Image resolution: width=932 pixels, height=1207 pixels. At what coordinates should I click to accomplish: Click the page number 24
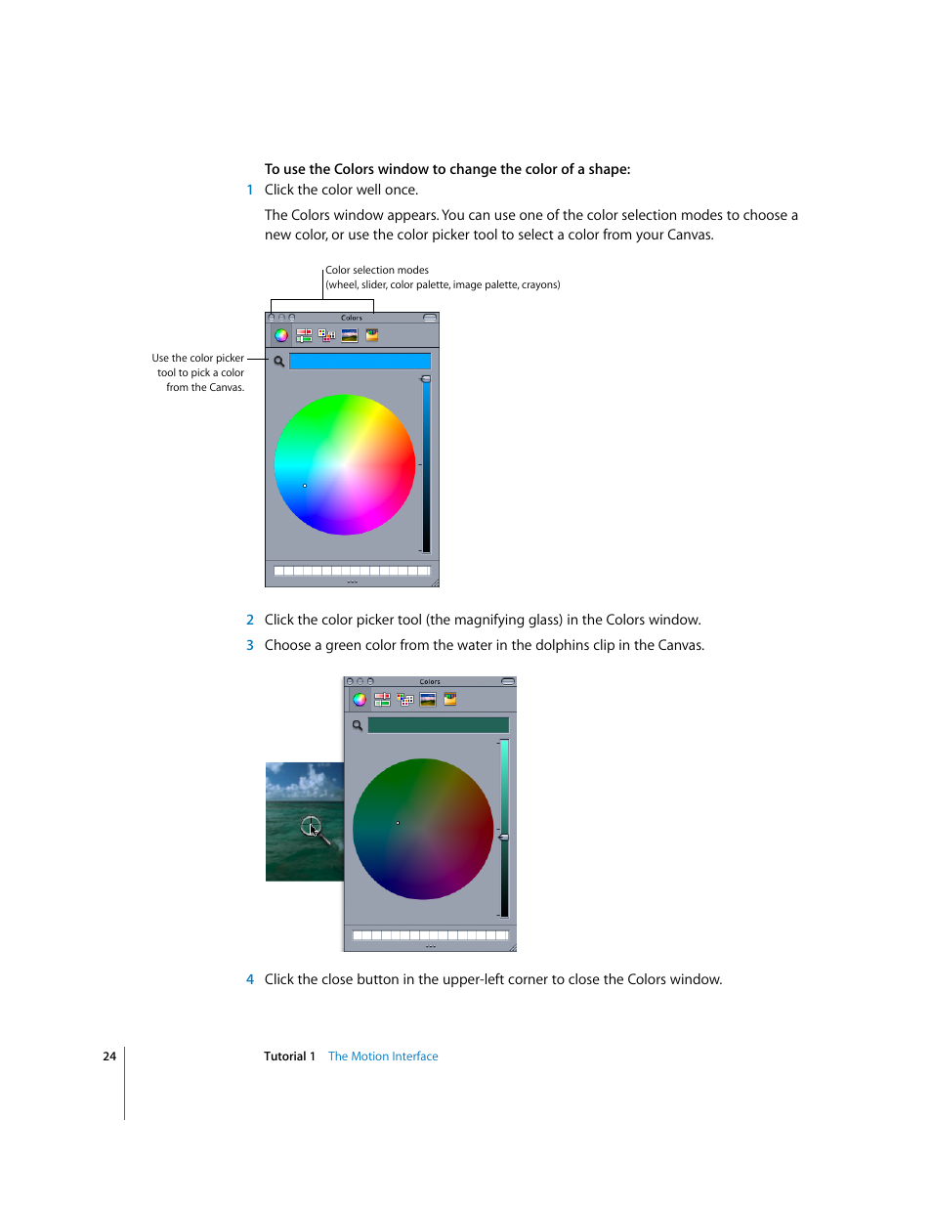click(x=109, y=1056)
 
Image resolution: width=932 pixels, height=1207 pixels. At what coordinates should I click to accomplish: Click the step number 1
click(x=250, y=191)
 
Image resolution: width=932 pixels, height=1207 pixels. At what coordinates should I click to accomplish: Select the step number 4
click(x=250, y=979)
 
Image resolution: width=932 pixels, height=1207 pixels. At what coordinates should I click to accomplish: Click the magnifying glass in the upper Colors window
click(x=279, y=362)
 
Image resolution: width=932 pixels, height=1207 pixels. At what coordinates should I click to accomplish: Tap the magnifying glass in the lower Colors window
click(x=358, y=725)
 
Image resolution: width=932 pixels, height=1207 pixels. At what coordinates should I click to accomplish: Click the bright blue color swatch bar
click(x=360, y=362)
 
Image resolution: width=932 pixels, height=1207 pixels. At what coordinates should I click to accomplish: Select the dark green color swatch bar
click(x=438, y=725)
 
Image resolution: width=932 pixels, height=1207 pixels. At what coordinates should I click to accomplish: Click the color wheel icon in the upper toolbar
click(x=280, y=335)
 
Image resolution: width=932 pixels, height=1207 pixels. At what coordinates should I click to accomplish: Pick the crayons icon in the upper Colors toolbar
click(x=372, y=335)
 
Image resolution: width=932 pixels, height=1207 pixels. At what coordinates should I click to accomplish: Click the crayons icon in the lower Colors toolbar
click(x=450, y=700)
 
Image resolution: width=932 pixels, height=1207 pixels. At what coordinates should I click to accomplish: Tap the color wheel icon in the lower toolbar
click(x=360, y=700)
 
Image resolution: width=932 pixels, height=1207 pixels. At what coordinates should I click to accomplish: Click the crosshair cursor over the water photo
click(x=311, y=826)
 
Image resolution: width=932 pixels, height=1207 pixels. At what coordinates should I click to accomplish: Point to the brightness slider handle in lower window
click(x=504, y=838)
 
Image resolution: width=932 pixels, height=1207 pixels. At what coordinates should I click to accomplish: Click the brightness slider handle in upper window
click(x=426, y=379)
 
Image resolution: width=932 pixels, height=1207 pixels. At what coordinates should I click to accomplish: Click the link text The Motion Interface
click(x=383, y=1056)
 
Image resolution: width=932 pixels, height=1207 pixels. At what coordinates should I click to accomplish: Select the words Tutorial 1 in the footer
click(x=289, y=1056)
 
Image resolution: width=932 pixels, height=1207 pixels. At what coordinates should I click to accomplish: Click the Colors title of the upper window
click(x=352, y=318)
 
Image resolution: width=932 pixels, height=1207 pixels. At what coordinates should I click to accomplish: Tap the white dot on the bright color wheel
click(x=305, y=486)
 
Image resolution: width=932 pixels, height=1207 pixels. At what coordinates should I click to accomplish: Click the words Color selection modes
click(x=377, y=271)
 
